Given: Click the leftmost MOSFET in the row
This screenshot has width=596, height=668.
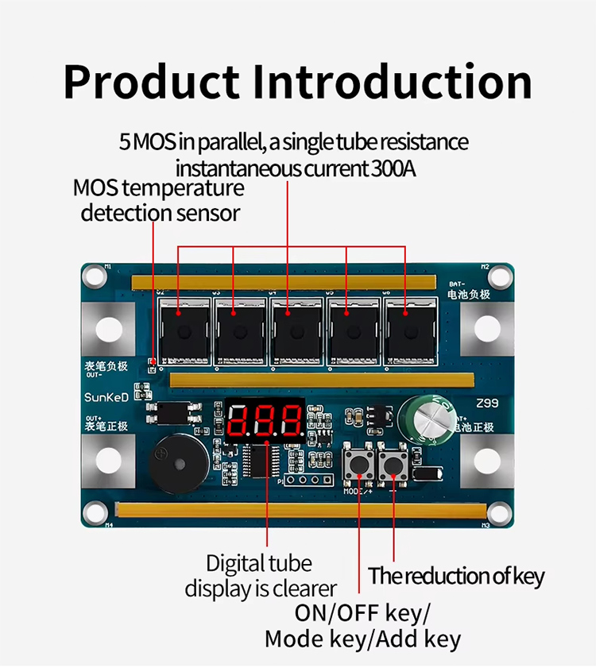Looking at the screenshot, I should pyautogui.click(x=184, y=331).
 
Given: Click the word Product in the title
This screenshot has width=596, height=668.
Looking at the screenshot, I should pyautogui.click(x=151, y=82).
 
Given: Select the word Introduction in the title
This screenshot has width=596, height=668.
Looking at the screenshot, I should pyautogui.click(x=393, y=82).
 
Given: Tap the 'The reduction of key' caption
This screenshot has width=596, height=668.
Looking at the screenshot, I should pyautogui.click(x=456, y=576).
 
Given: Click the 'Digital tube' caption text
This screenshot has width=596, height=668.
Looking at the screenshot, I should pyautogui.click(x=259, y=563).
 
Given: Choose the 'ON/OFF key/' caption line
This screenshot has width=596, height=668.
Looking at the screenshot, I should pyautogui.click(x=362, y=613).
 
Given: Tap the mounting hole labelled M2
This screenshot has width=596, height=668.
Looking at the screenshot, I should pyautogui.click(x=500, y=276).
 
